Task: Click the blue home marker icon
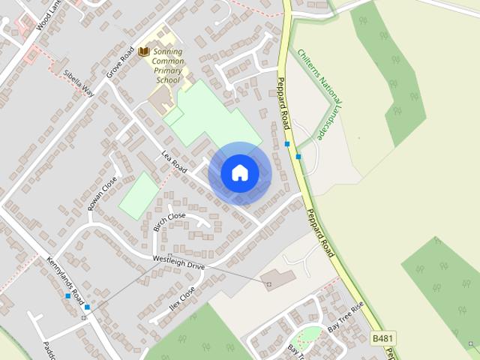pos(239,172)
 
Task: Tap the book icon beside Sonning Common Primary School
pos(144,52)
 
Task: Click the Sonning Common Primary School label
pos(168,65)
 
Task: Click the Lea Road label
pos(174,160)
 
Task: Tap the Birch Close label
pos(169,220)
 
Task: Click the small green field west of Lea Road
pos(139,195)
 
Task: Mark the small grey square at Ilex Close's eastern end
pos(269,284)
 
